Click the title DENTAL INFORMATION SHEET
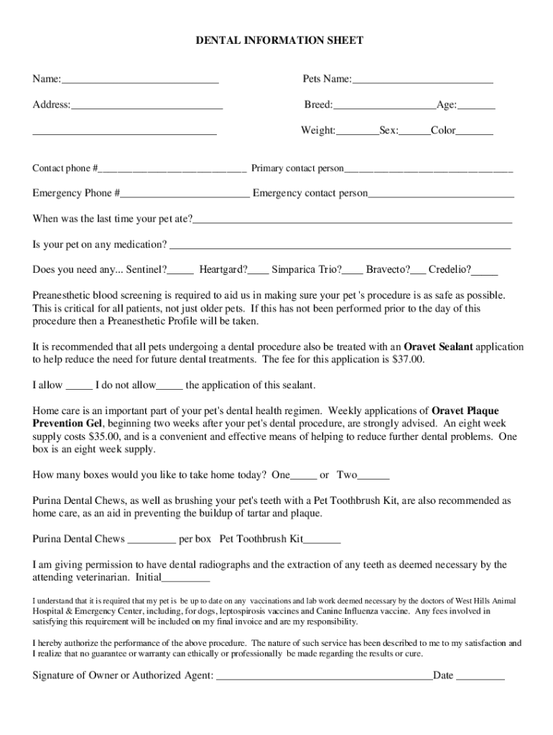(279, 41)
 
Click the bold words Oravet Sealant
(439, 347)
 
